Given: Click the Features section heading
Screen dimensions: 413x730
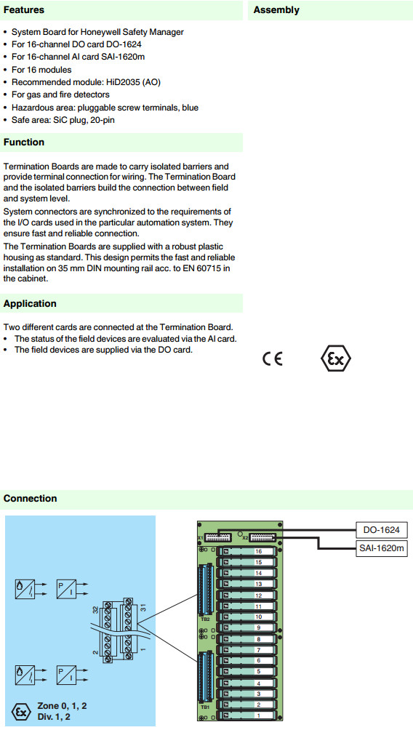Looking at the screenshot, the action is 24,9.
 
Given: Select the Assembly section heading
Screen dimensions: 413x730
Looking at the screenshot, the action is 276,9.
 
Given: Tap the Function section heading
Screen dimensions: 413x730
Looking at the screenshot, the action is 24,142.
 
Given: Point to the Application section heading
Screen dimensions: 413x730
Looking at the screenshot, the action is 30,303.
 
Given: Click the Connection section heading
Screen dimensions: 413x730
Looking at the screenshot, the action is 31,498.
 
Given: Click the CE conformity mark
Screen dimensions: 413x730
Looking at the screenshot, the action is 273,358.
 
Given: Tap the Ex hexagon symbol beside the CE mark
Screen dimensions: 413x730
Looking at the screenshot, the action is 336,358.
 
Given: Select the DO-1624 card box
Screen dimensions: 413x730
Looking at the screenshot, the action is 381,530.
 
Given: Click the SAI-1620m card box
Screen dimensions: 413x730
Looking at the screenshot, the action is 381,548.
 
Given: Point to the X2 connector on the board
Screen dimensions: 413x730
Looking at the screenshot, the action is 263,537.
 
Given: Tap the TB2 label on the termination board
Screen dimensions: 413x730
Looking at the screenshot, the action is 205,619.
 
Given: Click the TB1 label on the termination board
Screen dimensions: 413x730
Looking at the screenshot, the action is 205,707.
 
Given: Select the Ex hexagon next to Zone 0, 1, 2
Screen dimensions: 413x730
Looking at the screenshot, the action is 21,712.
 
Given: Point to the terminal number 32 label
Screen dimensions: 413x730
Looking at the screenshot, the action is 95,609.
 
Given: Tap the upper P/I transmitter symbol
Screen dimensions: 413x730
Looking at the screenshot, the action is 66,589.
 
